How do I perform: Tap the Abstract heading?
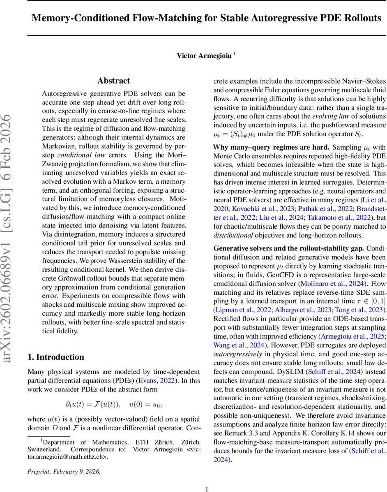click(x=113, y=81)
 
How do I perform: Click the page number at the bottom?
click(x=207, y=477)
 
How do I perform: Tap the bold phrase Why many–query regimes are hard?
click(x=271, y=147)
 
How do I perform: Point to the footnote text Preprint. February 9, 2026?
click(x=64, y=460)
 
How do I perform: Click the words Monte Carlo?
click(x=233, y=156)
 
